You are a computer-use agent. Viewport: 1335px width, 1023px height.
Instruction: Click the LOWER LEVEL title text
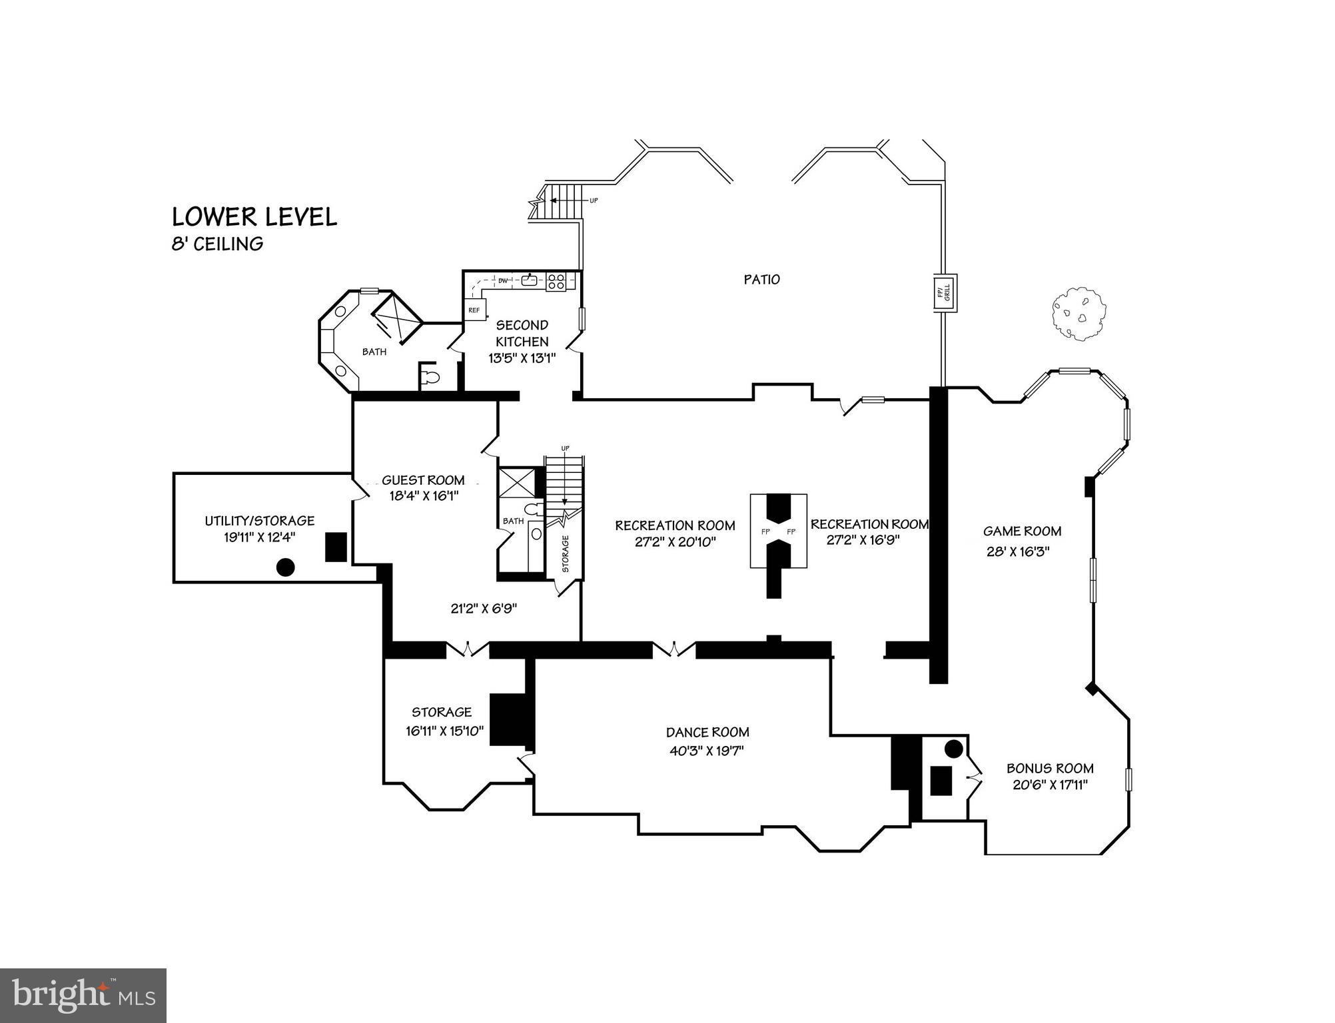click(x=254, y=217)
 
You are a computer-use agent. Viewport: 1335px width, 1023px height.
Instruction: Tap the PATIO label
click(x=761, y=280)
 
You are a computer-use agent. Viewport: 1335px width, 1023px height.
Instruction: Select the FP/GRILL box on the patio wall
click(x=945, y=293)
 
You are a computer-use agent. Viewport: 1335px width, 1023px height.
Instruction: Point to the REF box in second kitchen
click(x=474, y=310)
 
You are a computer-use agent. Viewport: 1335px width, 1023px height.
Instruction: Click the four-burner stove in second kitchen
click(x=556, y=282)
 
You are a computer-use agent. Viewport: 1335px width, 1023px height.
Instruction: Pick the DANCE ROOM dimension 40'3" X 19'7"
click(x=707, y=751)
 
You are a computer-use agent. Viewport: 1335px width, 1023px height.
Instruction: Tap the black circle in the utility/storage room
click(x=285, y=567)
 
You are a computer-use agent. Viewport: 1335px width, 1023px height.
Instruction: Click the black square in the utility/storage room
click(x=336, y=547)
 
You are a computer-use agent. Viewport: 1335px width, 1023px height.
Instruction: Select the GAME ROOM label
click(x=1022, y=531)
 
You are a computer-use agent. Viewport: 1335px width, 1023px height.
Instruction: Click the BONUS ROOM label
click(x=1050, y=768)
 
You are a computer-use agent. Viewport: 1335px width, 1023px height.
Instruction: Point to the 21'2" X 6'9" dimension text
click(x=484, y=608)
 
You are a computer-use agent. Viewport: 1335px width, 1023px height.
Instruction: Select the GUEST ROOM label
click(x=423, y=480)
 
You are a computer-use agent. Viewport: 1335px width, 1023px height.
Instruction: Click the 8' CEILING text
click(x=217, y=244)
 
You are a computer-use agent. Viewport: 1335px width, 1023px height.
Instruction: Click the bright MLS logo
click(x=83, y=995)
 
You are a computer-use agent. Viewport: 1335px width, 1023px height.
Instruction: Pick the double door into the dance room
click(x=673, y=649)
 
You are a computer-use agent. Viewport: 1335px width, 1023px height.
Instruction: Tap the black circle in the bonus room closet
click(x=953, y=749)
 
